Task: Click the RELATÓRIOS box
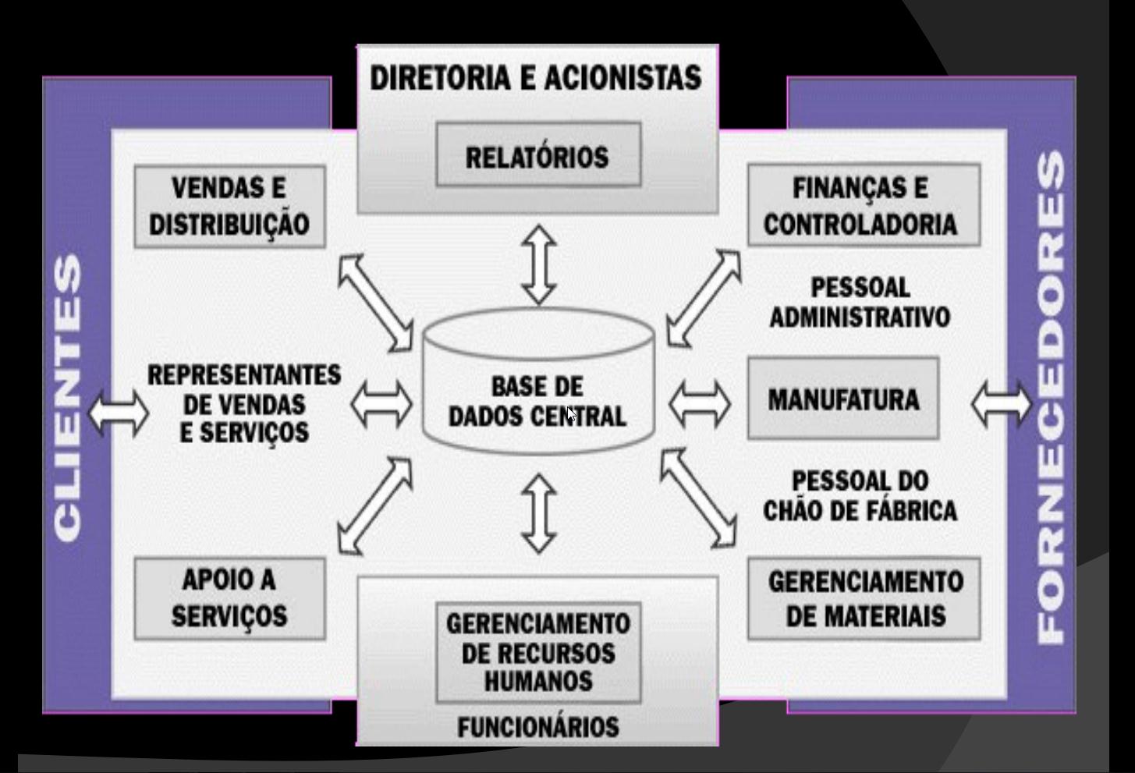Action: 537,155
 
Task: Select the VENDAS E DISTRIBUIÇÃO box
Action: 229,207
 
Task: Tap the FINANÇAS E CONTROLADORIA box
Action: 863,206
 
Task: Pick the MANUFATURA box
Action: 842,399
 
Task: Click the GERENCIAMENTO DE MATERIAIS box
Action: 864,598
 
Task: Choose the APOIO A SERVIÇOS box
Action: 229,598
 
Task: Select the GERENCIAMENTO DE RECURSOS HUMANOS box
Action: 537,652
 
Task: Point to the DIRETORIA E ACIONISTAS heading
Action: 536,79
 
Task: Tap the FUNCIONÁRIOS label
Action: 537,727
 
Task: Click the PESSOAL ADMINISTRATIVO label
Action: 860,303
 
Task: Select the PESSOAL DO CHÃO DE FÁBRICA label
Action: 860,495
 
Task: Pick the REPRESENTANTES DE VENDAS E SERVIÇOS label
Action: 244,404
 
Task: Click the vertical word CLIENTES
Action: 69,398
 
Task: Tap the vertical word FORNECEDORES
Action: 1052,398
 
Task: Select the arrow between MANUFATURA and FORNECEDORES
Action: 1001,404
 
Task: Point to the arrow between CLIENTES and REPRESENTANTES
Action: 118,411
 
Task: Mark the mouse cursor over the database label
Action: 572,414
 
